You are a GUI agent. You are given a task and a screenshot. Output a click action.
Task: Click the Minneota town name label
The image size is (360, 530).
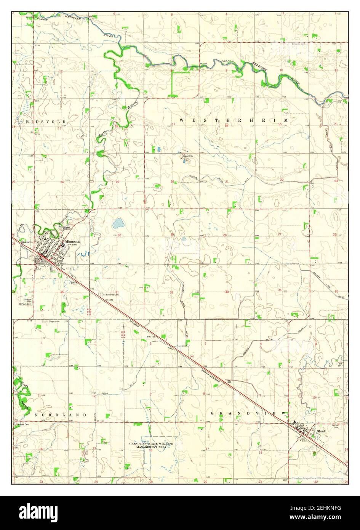72,242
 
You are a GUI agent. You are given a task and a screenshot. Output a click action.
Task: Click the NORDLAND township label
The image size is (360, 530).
60,414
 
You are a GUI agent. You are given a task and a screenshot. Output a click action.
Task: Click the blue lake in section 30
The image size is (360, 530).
118,223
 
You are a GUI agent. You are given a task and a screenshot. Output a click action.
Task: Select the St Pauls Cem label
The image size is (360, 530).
26,304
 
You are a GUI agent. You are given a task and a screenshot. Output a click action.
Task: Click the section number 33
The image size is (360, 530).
227,292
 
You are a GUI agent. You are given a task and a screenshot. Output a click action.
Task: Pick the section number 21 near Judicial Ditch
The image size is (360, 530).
227,182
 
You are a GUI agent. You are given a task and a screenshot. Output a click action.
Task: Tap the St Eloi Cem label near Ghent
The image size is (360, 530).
335,426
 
